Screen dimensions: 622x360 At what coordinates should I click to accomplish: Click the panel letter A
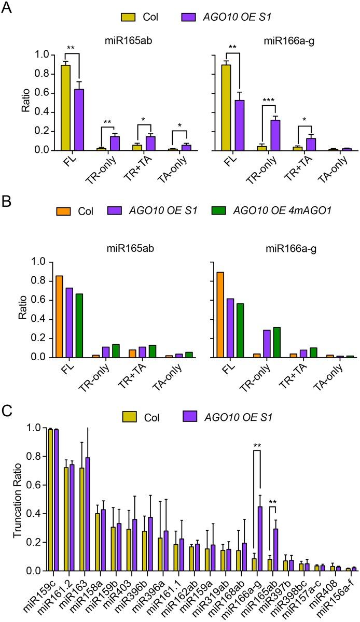7,7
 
